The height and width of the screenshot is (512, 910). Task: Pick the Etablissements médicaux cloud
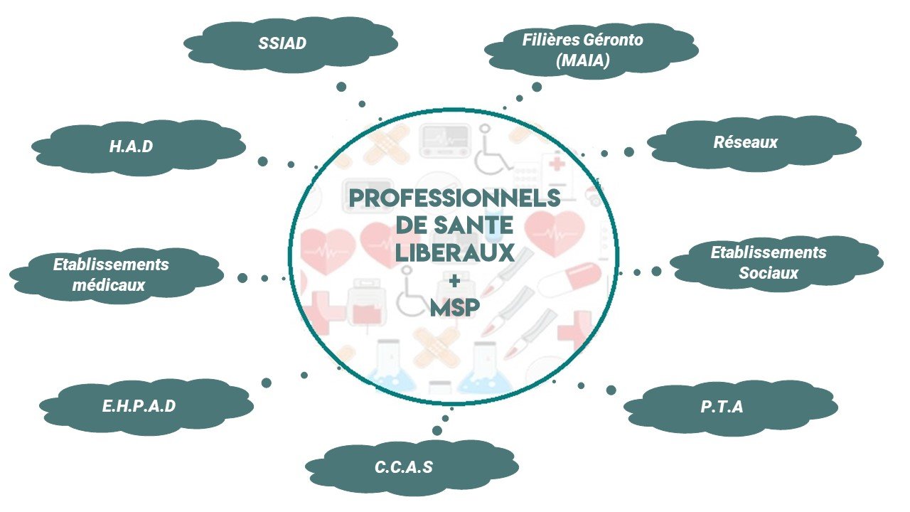coord(114,274)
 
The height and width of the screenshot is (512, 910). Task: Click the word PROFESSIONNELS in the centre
coord(454,198)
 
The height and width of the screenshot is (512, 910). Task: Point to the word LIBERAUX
coord(454,252)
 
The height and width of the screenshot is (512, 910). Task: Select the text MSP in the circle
coord(454,307)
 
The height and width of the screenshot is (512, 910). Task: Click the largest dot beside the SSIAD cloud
coord(341,87)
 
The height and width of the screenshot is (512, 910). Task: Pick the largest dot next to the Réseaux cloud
coord(629,151)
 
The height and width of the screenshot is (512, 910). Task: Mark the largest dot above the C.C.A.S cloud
coord(437,430)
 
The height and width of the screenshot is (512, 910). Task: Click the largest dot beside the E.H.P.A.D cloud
coord(267,383)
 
